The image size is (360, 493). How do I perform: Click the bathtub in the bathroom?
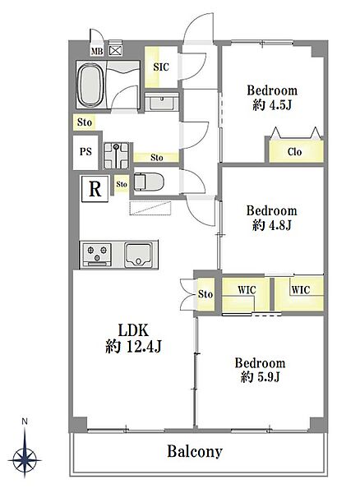pos(91,85)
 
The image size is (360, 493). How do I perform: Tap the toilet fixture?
pos(149,182)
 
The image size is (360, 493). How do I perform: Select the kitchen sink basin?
pos(139,255)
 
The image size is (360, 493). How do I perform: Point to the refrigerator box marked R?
pos(95,189)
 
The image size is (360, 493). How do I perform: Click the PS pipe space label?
pos(85,152)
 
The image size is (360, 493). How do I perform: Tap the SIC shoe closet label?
pos(161,67)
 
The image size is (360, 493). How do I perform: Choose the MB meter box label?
pos(97,51)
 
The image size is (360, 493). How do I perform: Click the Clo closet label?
pos(294,152)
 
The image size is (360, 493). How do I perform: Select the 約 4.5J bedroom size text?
pos(272,105)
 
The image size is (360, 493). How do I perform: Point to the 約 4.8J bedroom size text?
pos(272,225)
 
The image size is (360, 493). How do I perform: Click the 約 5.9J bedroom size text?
pos(261,376)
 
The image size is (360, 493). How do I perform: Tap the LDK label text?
pos(133,330)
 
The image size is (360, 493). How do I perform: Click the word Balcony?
pos(195,451)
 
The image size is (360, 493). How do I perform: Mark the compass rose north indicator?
pos(25,449)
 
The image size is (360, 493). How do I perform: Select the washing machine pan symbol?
pos(117,155)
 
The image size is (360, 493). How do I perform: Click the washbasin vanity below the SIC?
pos(162,102)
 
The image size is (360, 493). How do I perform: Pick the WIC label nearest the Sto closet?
pos(247,289)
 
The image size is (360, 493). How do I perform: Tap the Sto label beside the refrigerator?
pos(122,184)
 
